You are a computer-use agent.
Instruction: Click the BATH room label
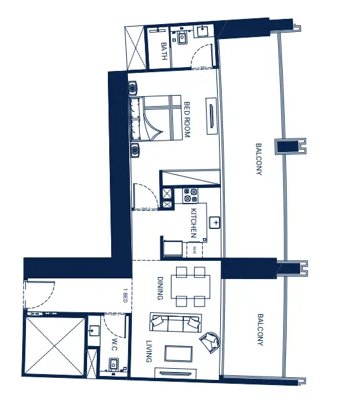pos(164,52)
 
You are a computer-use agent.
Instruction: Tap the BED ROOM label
pos(186,119)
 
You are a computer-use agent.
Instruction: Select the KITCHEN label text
pos(193,222)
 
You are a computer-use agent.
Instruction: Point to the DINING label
pos(161,288)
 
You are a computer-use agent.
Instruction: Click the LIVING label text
pos(149,351)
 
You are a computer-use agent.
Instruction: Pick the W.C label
pos(114,343)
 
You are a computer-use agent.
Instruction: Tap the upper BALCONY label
pos(259,159)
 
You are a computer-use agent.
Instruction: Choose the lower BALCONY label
pos(260,330)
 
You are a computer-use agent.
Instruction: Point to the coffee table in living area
pos(179,353)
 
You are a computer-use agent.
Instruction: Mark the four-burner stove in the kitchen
pos(190,196)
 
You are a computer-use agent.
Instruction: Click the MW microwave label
pos(194,249)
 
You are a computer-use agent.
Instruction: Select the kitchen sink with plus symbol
pos(215,222)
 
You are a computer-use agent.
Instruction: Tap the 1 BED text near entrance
pos(125,296)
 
